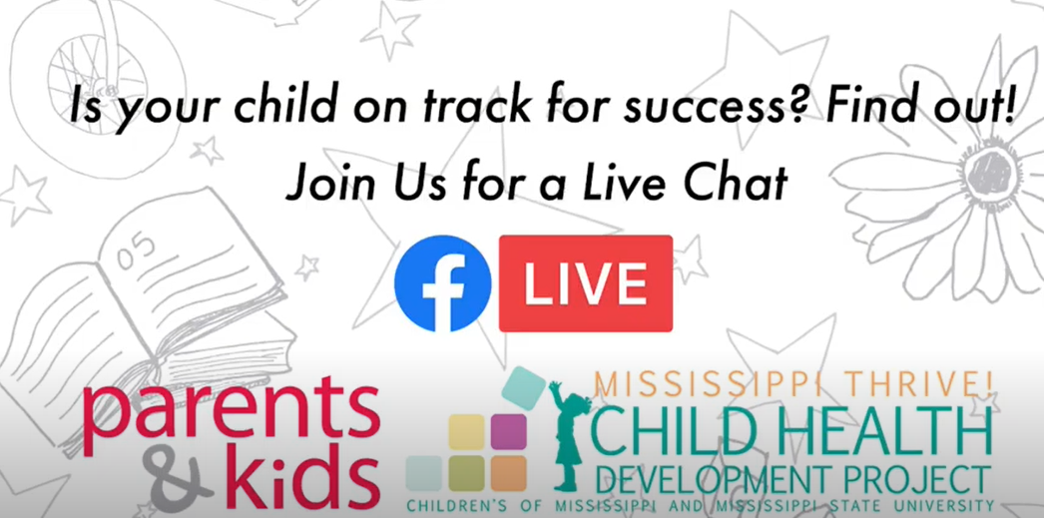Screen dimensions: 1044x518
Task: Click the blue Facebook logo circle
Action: click(443, 283)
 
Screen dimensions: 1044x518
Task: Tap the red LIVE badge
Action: click(586, 283)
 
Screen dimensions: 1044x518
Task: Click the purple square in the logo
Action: click(509, 432)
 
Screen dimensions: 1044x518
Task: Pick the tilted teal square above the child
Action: click(524, 387)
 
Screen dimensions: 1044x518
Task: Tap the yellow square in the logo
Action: click(466, 432)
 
